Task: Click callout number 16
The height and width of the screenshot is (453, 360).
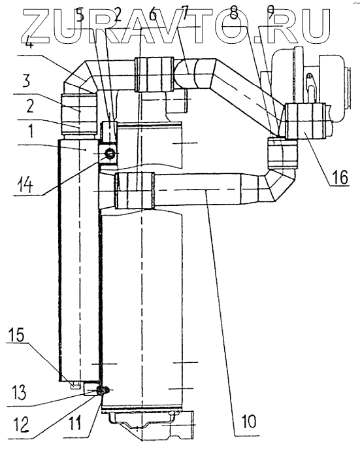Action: (340, 176)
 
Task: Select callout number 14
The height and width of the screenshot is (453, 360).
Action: (25, 184)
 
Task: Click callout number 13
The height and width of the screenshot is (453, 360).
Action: (18, 392)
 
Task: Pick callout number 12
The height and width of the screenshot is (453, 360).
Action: (22, 424)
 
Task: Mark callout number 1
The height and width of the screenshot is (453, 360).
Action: (31, 131)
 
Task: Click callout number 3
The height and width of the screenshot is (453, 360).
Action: (27, 81)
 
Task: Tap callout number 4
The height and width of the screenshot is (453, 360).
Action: (30, 47)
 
